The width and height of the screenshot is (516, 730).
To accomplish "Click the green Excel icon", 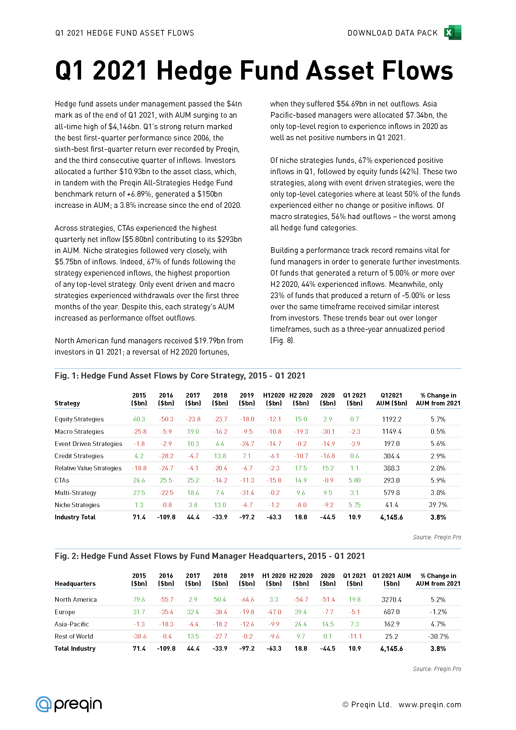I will (453, 32).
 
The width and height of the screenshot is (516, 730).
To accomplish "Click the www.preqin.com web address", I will (430, 705).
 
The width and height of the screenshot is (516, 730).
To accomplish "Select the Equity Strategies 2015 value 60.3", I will (139, 419).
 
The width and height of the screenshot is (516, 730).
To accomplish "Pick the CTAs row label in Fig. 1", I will (62, 480).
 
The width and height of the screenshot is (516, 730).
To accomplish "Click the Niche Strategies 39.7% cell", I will (438, 505).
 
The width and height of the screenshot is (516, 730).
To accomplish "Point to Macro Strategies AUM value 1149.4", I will (392, 431).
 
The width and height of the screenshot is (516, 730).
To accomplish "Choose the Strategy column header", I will (67, 403).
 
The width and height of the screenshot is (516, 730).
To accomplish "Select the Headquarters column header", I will (75, 583).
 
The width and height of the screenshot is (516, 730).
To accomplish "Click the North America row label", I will (75, 599).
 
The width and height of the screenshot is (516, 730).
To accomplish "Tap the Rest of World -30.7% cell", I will (438, 636).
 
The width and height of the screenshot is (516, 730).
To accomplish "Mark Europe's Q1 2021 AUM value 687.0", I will (392, 612).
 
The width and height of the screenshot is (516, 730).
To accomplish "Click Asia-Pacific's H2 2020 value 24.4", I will (300, 624).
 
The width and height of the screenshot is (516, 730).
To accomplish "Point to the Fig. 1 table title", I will (180, 375).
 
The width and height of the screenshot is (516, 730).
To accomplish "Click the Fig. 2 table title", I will (210, 556).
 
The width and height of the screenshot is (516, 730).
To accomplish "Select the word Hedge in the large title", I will (194, 71).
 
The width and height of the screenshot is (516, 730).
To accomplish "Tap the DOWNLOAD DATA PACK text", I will (392, 33).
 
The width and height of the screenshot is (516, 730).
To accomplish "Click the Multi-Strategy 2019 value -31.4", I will (247, 492).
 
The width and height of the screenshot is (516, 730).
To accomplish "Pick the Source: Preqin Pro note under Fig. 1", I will (436, 537).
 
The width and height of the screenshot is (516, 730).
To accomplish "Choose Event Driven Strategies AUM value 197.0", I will (392, 443).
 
